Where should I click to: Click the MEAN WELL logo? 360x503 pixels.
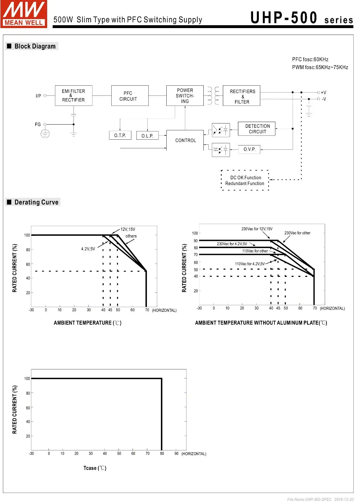point(24,14)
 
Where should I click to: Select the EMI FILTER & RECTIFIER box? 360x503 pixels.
point(73,95)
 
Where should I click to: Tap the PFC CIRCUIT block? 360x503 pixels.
point(130,96)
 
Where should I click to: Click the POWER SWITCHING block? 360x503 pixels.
point(185,96)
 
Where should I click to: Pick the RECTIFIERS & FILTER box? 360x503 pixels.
point(242,96)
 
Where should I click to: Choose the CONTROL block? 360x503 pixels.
point(185,140)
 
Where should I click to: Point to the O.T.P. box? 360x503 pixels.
point(120,135)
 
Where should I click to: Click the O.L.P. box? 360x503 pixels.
point(147,136)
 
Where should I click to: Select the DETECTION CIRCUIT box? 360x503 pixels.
point(257,129)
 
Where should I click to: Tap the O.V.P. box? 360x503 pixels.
point(249,149)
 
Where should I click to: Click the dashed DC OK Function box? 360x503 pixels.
point(245,180)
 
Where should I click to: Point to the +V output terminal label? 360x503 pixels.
point(323,93)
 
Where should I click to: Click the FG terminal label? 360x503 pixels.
point(38,125)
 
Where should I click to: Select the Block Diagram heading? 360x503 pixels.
point(35,46)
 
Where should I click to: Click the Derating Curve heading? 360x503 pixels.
point(36,202)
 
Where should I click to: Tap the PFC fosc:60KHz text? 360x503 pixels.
point(310,59)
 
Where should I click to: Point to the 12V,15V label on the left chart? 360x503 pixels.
point(128,229)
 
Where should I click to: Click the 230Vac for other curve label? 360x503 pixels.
point(297,233)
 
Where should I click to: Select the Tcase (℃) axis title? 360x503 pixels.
point(95,468)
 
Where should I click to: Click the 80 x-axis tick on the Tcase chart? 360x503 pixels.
point(162,454)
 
